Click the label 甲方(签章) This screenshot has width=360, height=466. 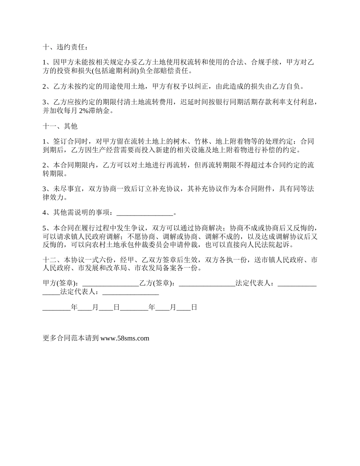pyautogui.click(x=61, y=283)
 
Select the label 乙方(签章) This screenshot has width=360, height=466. pyautogui.click(x=157, y=283)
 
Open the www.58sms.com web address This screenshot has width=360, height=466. pyautogui.click(x=125, y=338)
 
